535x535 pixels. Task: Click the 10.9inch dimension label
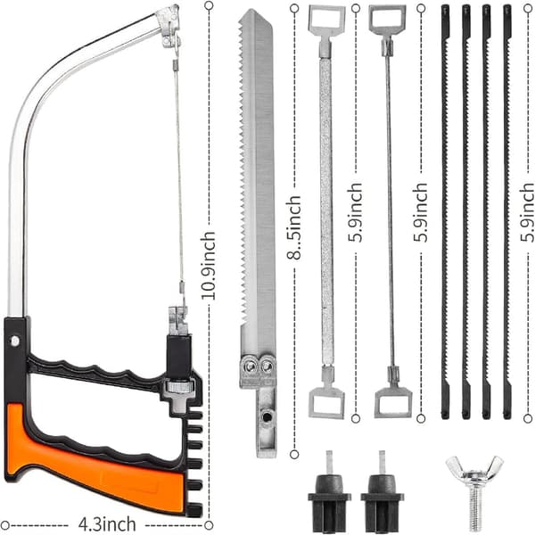click(x=209, y=266)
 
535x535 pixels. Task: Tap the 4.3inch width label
click(x=107, y=524)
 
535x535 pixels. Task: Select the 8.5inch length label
click(x=293, y=227)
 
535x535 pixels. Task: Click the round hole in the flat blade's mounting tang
click(x=267, y=417)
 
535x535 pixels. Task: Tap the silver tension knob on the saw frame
click(x=177, y=387)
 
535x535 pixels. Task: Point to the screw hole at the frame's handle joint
click(x=15, y=341)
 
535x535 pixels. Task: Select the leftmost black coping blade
click(x=445, y=212)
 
